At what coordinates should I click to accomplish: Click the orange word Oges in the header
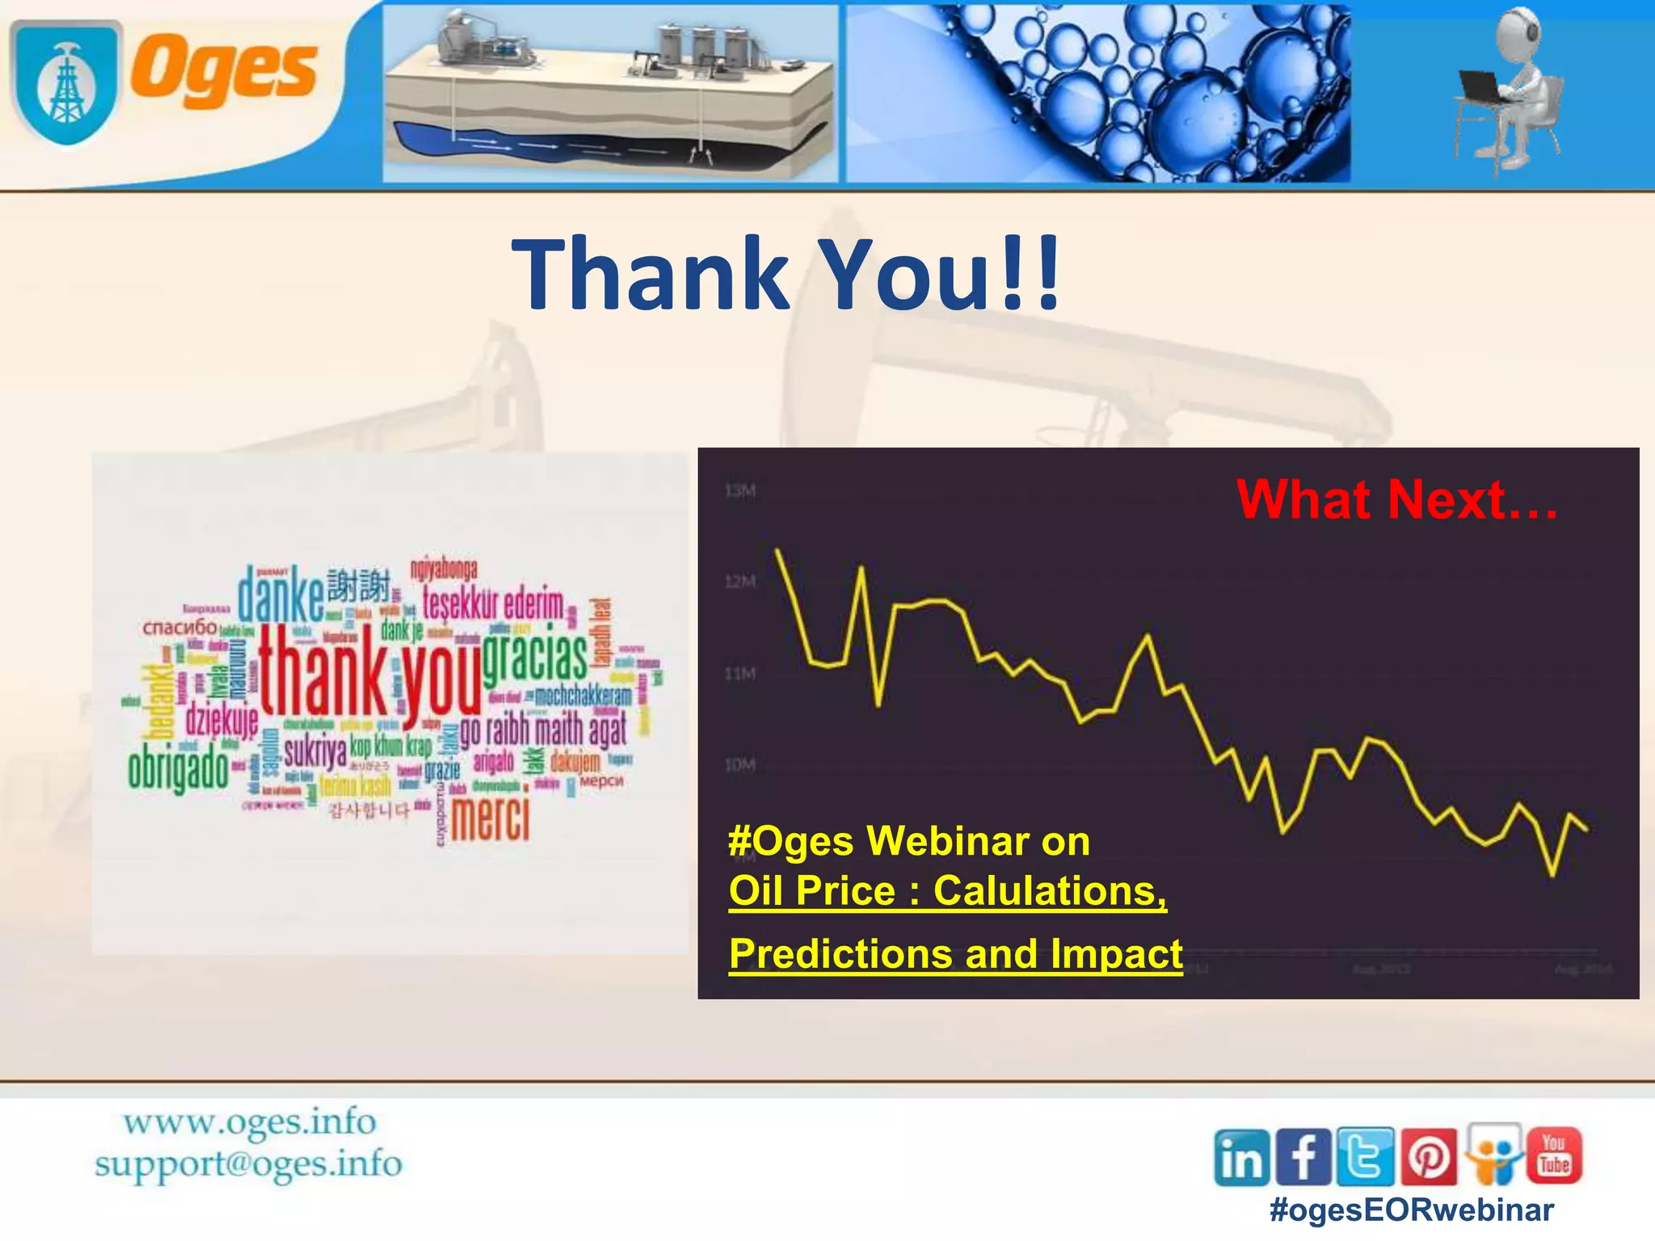click(x=224, y=71)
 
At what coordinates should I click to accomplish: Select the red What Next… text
click(x=1396, y=500)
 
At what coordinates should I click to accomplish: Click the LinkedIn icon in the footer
click(x=1241, y=1157)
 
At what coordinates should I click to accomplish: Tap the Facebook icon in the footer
click(x=1303, y=1157)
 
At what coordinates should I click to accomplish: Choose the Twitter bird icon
click(x=1365, y=1157)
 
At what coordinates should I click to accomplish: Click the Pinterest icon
click(x=1428, y=1157)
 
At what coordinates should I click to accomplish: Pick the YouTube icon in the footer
click(x=1554, y=1155)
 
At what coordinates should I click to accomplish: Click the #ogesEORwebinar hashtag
click(x=1411, y=1210)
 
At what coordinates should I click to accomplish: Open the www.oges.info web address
click(x=250, y=1123)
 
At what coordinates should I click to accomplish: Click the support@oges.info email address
click(x=248, y=1164)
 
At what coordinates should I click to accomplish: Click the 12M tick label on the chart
click(x=739, y=582)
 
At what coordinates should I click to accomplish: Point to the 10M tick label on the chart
click(x=739, y=764)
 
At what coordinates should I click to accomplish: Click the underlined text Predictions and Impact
click(x=955, y=954)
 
